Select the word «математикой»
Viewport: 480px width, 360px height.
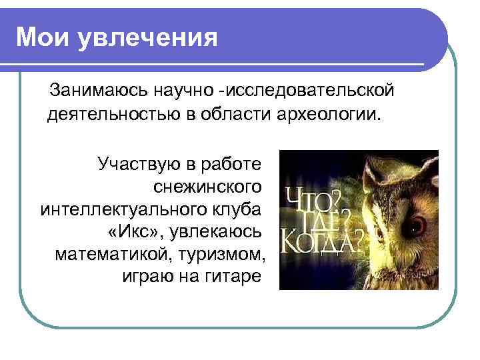(x=119, y=254)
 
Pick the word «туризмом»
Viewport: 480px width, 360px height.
(x=227, y=254)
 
